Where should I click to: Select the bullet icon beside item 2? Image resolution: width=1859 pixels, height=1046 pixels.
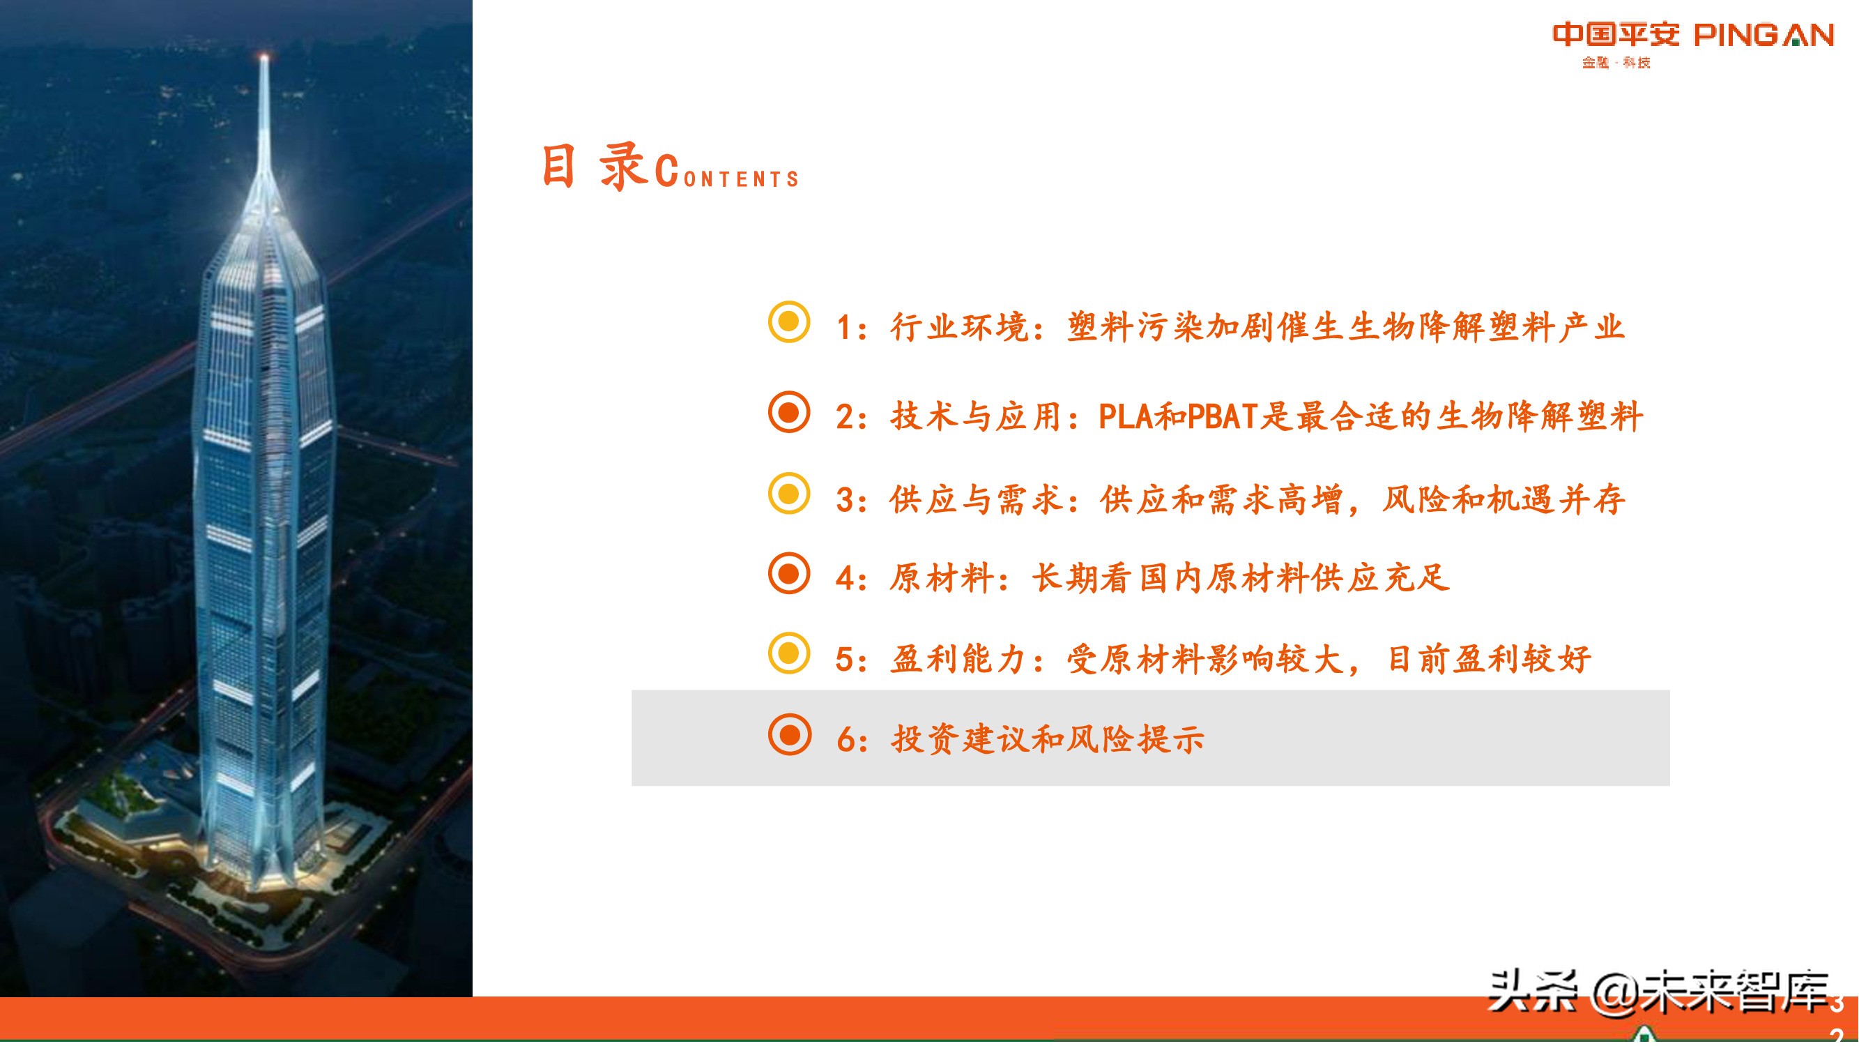pos(789,412)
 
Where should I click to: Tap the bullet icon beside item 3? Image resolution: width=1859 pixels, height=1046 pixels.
pos(789,494)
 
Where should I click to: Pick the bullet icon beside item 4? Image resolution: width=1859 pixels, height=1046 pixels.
pos(789,574)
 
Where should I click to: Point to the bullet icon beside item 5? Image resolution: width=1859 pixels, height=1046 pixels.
pos(789,653)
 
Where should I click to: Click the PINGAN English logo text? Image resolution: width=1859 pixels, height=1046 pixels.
pos(1764,35)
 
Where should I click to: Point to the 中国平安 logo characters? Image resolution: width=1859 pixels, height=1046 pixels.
pos(1616,34)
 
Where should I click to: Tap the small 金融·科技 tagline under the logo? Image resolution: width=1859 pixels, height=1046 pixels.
pos(1616,63)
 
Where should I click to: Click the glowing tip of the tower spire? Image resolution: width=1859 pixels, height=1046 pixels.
pos(264,57)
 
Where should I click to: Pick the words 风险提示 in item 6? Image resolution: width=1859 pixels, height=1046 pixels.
pos(1135,739)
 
